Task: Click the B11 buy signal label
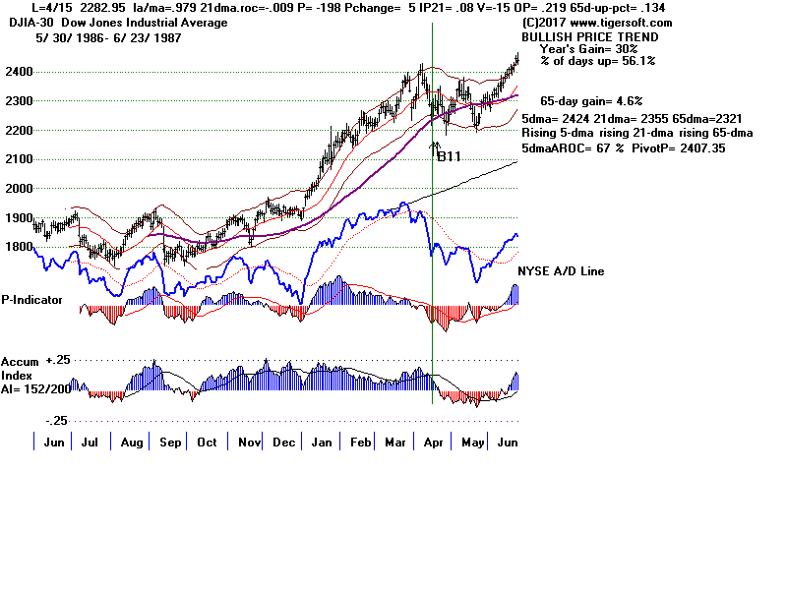[449, 155]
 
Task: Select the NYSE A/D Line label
[562, 271]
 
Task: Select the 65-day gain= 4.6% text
[591, 101]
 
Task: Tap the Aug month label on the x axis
[131, 443]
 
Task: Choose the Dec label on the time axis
[283, 443]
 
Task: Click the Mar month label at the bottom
[399, 443]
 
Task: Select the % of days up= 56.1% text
[598, 61]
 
